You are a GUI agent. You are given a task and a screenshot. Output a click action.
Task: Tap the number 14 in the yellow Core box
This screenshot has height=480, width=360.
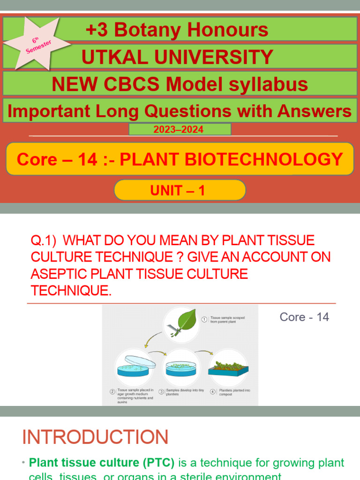[87, 160]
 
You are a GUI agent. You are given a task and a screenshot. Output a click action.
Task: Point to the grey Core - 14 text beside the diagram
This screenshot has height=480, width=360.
[304, 317]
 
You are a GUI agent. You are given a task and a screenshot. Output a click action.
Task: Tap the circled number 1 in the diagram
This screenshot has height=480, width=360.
[204, 319]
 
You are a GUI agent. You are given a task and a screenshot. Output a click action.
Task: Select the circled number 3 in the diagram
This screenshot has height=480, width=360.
[161, 391]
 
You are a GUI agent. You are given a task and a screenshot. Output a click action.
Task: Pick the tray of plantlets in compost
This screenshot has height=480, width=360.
[228, 367]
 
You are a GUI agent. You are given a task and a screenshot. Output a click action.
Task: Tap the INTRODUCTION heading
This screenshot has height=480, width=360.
[95, 437]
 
